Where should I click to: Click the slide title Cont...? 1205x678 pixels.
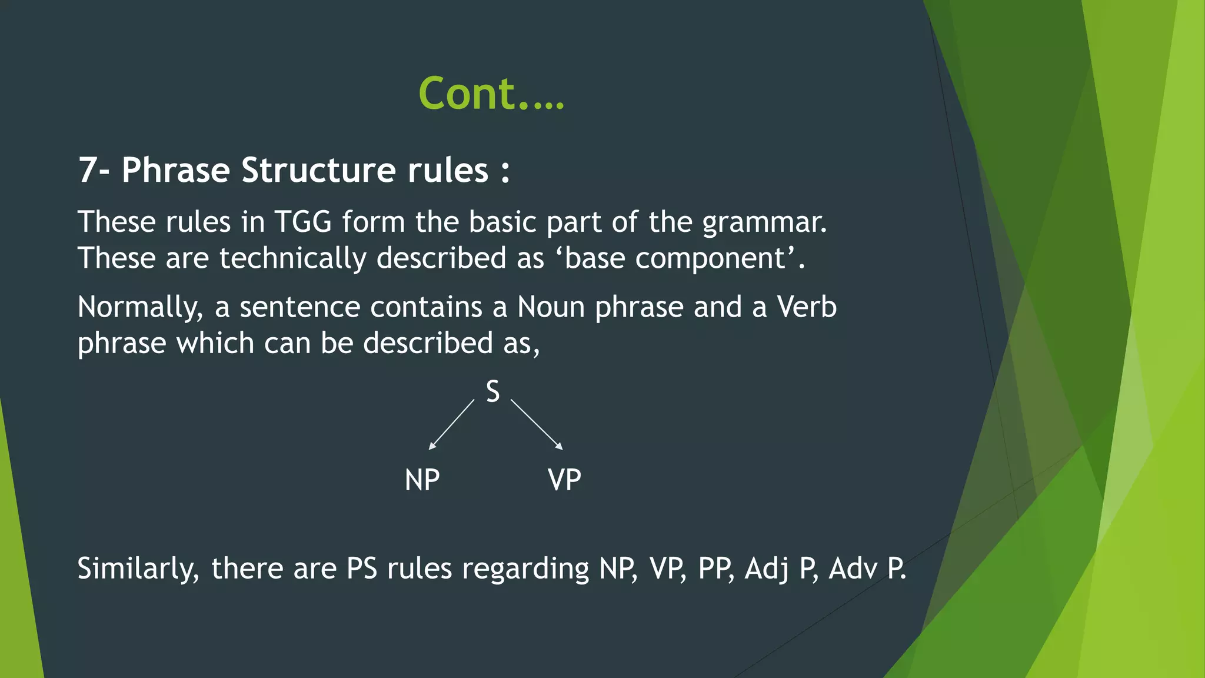[491, 94]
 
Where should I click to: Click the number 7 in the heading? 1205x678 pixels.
[87, 171]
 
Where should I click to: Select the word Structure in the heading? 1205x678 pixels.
[318, 171]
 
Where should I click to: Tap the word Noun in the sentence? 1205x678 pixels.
[551, 307]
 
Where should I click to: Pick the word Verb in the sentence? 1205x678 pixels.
[806, 307]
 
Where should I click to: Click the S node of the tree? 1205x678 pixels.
[492, 392]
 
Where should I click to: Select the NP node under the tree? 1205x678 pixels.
[422, 480]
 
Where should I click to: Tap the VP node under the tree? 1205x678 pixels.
[564, 480]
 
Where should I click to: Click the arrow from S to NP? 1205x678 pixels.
[451, 424]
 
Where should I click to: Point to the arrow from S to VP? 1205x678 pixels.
[536, 424]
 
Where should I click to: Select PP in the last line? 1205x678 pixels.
[715, 569]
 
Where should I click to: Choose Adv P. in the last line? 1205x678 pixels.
[867, 569]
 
